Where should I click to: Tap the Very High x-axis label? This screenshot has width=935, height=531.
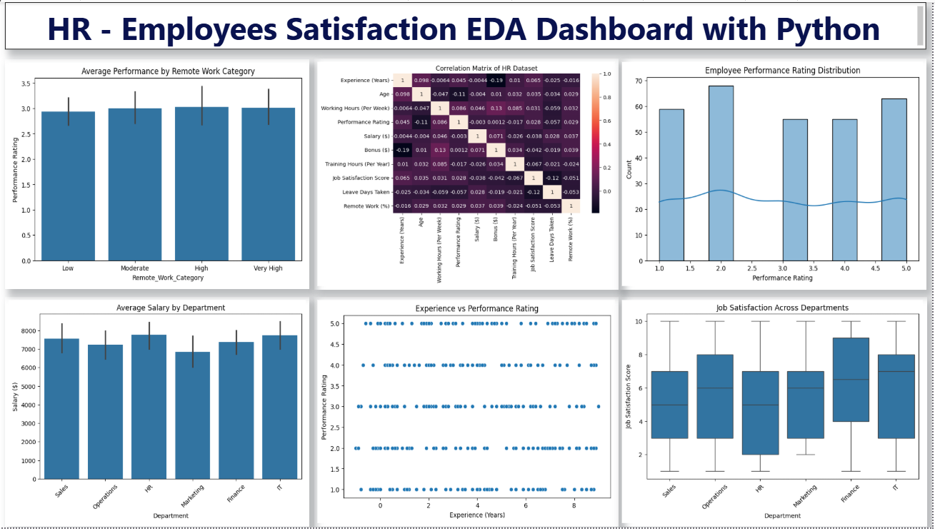[x=269, y=268]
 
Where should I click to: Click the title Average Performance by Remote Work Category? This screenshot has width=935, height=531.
[x=168, y=71]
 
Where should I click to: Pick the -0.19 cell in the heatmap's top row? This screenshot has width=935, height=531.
[x=496, y=80]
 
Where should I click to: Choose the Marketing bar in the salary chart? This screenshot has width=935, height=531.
[x=196, y=415]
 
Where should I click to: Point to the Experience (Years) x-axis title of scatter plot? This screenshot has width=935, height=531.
[x=476, y=515]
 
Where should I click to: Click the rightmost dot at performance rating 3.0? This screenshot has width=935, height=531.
[x=598, y=406]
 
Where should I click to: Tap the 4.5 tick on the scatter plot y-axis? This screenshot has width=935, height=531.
[x=333, y=344]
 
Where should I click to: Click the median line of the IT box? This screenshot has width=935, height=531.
[x=895, y=372]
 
